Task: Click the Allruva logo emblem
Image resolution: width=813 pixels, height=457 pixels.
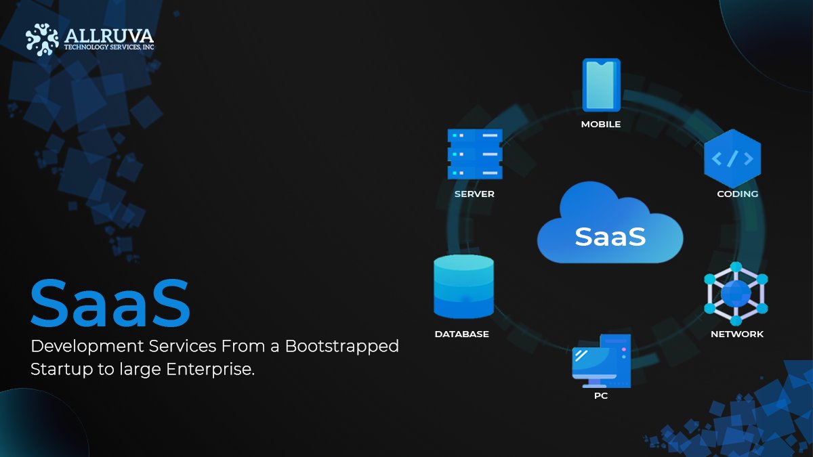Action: (x=42, y=39)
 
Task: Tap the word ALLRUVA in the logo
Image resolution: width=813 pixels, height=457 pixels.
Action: (x=108, y=35)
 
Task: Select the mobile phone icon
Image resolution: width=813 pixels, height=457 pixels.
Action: (x=601, y=85)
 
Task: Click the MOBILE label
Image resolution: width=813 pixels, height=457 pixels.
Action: (x=601, y=125)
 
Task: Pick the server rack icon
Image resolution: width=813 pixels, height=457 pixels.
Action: (x=474, y=154)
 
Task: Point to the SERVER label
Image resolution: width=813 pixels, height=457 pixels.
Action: (x=474, y=194)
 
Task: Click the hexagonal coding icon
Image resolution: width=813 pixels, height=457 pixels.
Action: (x=732, y=159)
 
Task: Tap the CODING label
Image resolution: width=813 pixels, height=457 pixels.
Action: (x=737, y=194)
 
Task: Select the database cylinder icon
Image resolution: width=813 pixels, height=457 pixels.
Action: (x=463, y=286)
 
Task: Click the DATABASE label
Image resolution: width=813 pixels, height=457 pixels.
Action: (x=461, y=334)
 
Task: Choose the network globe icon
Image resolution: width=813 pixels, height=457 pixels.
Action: (x=736, y=293)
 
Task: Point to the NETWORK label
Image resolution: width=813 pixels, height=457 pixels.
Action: (x=736, y=334)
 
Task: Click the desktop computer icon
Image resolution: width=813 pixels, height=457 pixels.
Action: (x=601, y=361)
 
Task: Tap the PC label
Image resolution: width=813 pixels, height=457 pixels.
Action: (x=601, y=396)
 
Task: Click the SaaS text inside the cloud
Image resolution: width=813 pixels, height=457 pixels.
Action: (x=610, y=236)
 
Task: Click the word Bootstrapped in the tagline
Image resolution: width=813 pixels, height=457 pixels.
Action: (x=342, y=347)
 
